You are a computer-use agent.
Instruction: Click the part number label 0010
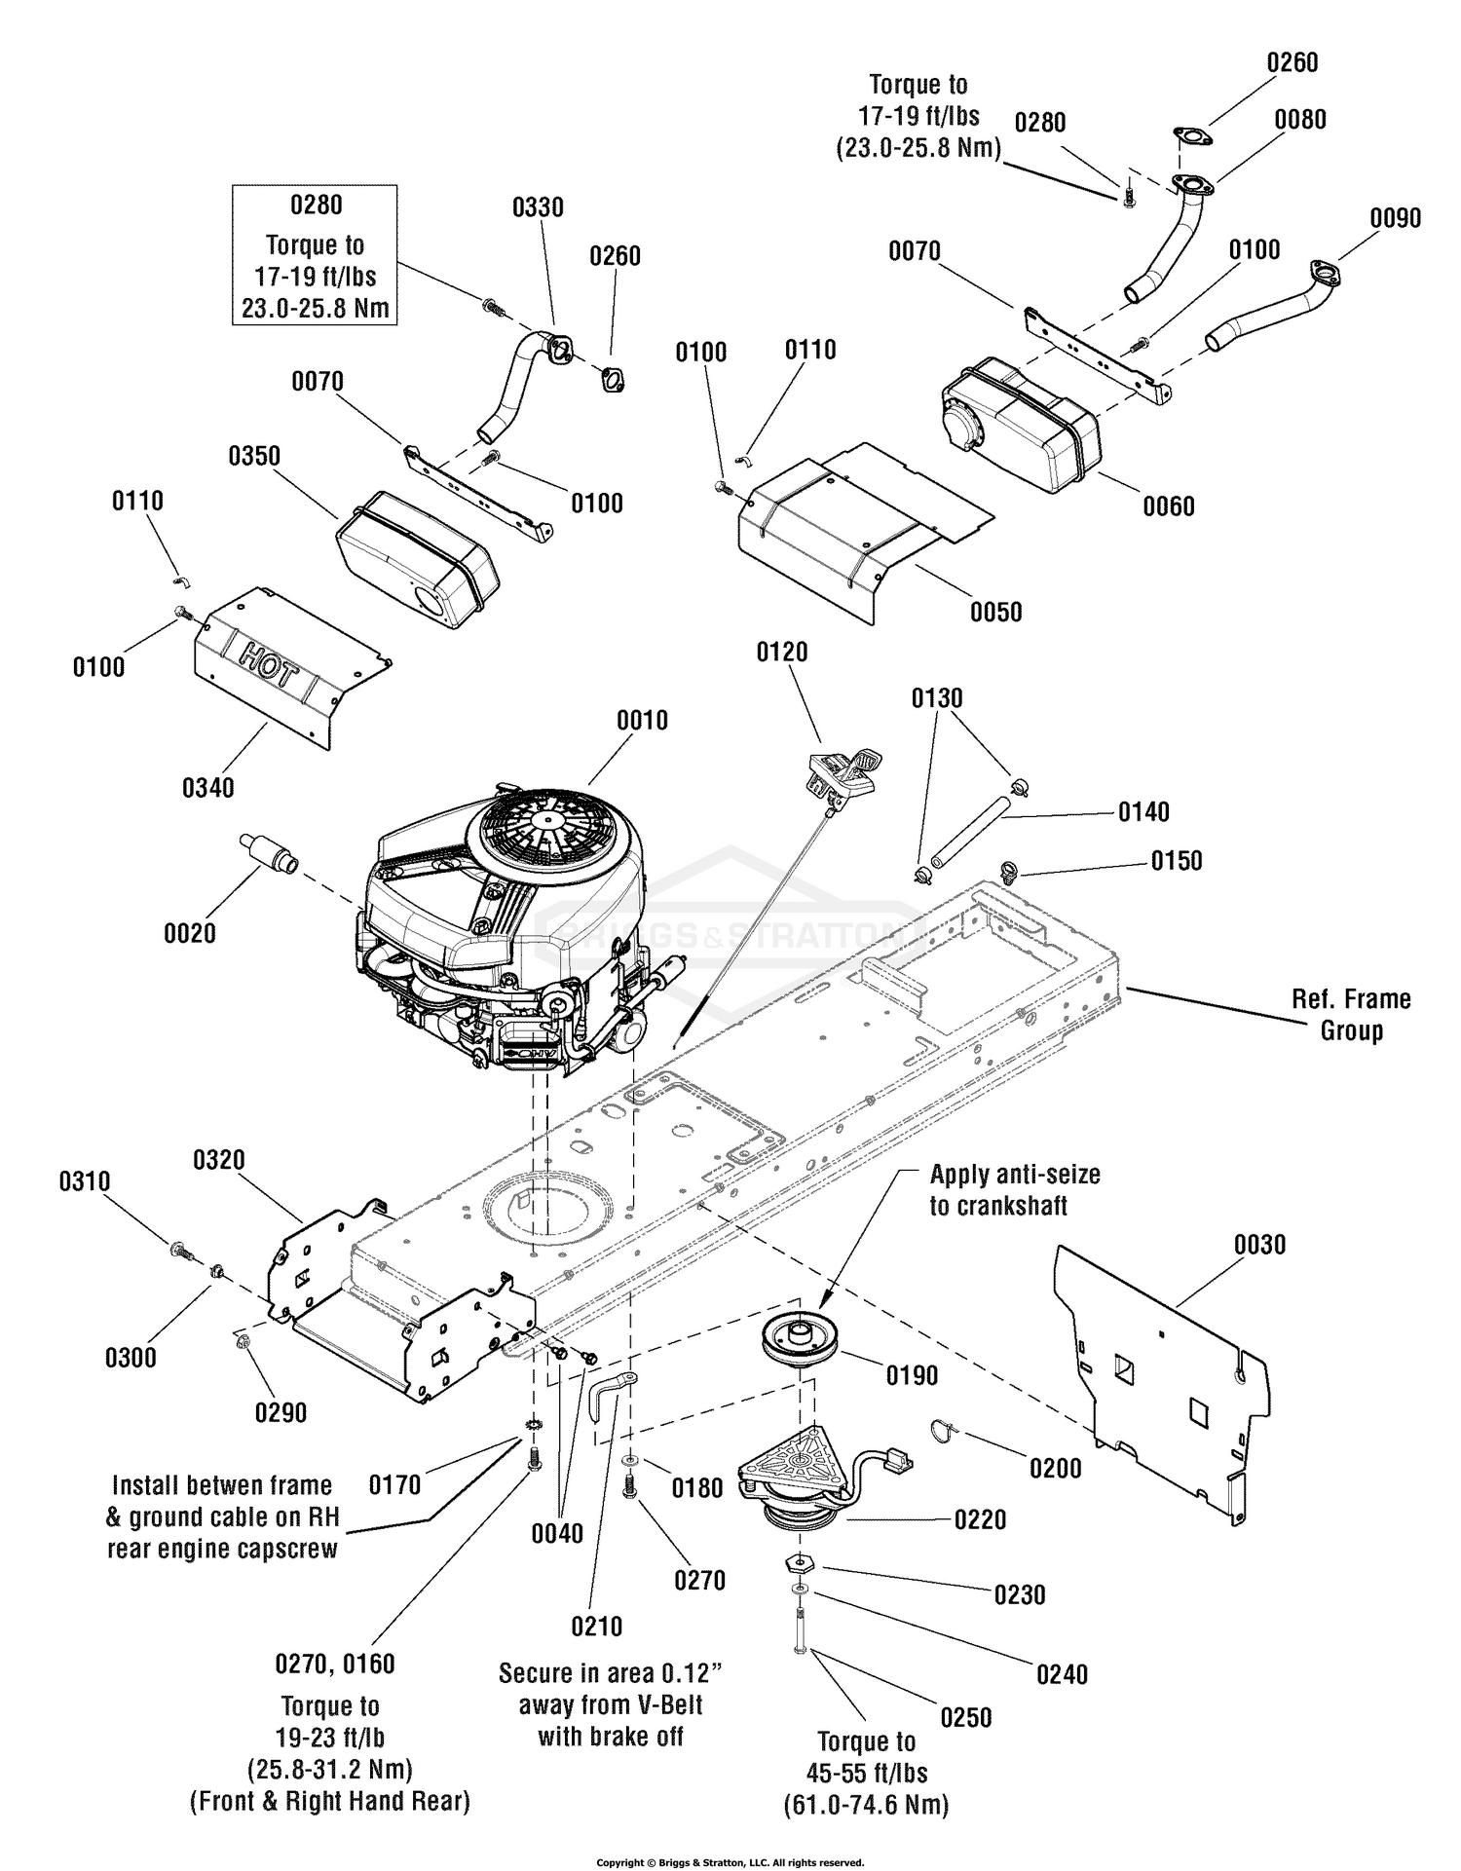642,721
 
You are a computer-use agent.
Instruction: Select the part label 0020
190,933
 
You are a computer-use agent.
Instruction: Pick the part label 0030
1259,1245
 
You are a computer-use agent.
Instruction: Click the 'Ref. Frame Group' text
1351,1015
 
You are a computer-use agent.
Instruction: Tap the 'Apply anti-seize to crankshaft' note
1014,1190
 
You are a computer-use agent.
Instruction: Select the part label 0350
254,456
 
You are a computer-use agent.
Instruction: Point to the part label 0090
1395,218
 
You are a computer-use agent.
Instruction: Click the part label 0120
782,652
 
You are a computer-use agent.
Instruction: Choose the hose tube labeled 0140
967,829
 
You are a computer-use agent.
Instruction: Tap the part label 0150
1177,861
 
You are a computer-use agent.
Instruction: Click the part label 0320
219,1160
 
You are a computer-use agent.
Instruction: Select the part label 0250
965,1717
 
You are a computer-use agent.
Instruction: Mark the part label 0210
596,1627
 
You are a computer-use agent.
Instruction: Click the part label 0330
538,207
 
